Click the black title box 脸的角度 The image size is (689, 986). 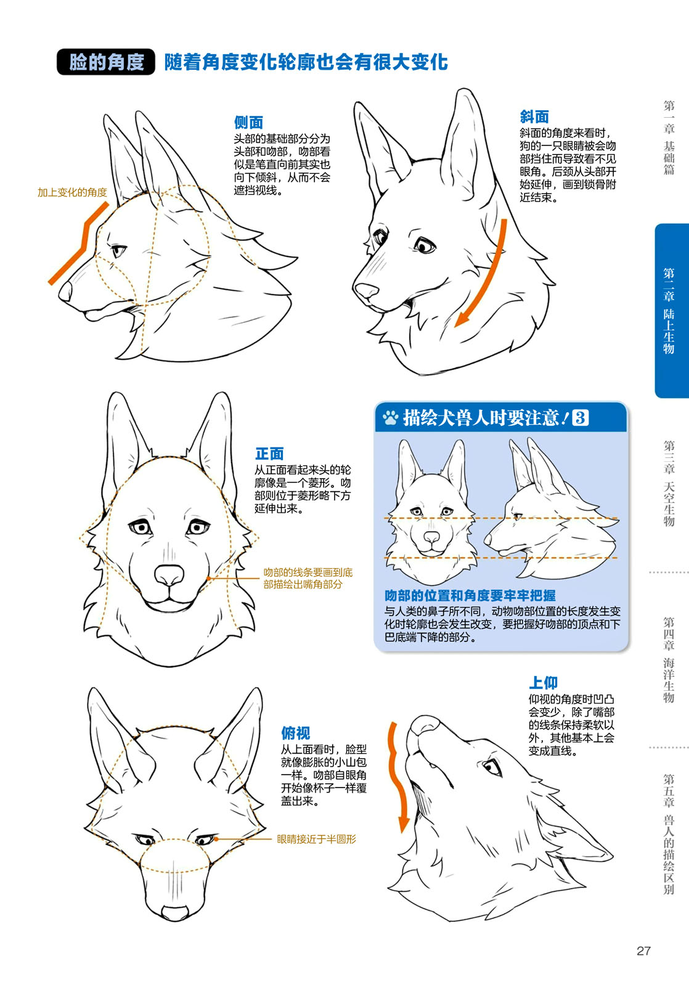(x=105, y=62)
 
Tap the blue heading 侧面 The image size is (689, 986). (x=248, y=122)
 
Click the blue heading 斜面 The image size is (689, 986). (x=534, y=116)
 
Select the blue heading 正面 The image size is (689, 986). (x=269, y=454)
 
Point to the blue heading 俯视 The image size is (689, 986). (x=295, y=733)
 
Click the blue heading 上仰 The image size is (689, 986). (x=543, y=682)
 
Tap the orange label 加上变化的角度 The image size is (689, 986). (x=72, y=192)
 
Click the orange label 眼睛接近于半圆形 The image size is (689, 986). (x=316, y=839)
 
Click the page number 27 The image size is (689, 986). (x=643, y=950)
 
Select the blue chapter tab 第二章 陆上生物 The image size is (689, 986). (x=671, y=311)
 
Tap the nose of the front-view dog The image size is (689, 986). (x=169, y=576)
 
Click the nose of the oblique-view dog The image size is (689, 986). (x=367, y=290)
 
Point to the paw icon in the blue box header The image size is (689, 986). (x=390, y=418)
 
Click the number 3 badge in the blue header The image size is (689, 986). (x=580, y=418)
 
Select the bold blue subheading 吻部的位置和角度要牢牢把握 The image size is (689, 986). (x=470, y=595)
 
